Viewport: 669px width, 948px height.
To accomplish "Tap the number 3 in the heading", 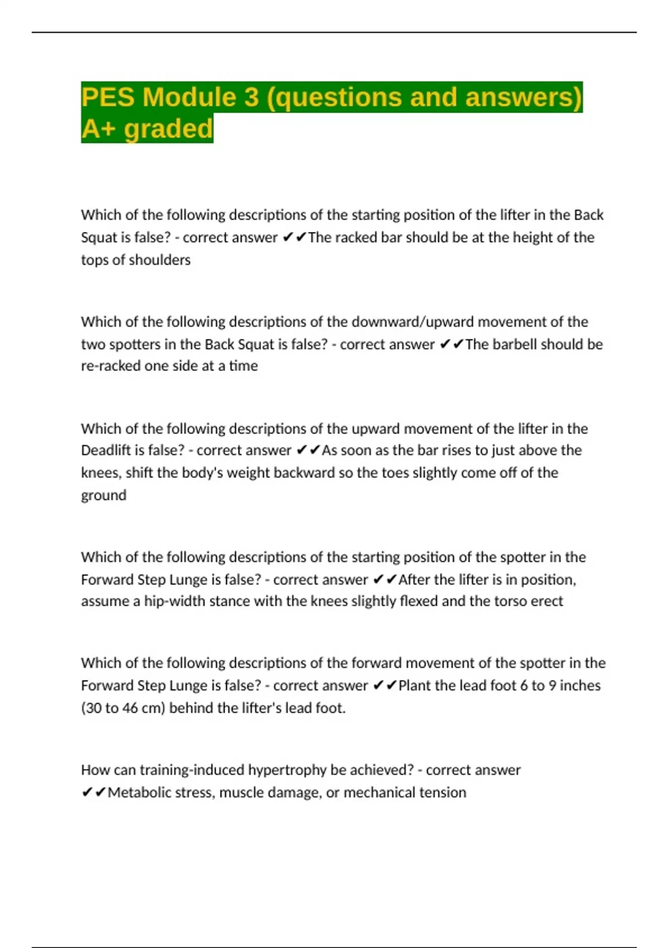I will pyautogui.click(x=251, y=97).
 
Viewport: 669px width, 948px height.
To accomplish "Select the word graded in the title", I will pyautogui.click(x=168, y=129).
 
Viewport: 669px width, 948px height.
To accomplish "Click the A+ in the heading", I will pyautogui.click(x=99, y=129).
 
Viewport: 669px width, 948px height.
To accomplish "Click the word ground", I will pyautogui.click(x=104, y=495).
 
